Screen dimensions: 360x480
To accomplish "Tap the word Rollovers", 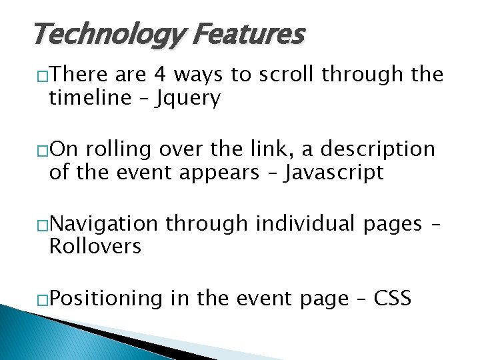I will (x=95, y=247).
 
